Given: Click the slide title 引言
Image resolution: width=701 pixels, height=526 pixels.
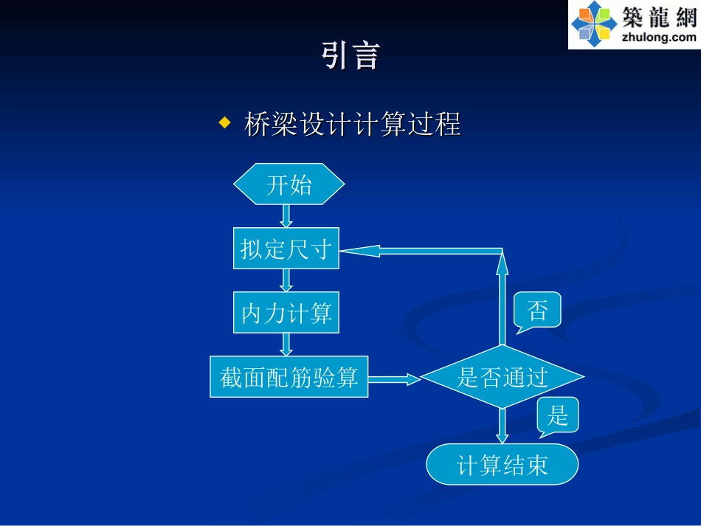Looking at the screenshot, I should point(350,56).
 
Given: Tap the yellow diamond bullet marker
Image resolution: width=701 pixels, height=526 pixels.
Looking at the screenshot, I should point(225,122).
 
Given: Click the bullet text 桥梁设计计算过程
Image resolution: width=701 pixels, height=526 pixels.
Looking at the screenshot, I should point(352,123).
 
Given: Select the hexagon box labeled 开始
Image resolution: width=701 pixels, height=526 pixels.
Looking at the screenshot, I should point(289,184).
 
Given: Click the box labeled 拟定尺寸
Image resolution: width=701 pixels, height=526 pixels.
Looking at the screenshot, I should point(286,249).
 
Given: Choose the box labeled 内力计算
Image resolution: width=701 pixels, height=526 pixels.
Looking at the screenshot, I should point(286,313).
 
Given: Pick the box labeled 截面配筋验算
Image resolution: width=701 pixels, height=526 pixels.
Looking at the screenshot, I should point(289,377).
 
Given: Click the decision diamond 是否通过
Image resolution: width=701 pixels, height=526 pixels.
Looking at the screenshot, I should point(503,377).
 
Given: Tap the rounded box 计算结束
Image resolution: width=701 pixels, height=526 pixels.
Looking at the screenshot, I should point(503,465).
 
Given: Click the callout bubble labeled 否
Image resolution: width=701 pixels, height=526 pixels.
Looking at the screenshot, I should point(537,310).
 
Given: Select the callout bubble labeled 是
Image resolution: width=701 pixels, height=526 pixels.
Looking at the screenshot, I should point(558,415).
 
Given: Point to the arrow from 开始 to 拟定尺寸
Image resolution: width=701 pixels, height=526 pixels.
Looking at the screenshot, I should point(286,216).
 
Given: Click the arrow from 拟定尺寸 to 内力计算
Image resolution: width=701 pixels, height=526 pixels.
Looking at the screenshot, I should point(286,280).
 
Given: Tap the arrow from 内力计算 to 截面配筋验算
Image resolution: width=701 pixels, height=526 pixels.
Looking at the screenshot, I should point(286,345).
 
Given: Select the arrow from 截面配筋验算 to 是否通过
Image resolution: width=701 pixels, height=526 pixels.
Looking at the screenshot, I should point(394,378).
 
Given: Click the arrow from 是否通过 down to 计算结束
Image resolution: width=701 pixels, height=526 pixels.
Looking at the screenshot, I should point(503,426).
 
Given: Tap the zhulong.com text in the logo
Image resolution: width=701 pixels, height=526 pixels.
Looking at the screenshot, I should point(659,38).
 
